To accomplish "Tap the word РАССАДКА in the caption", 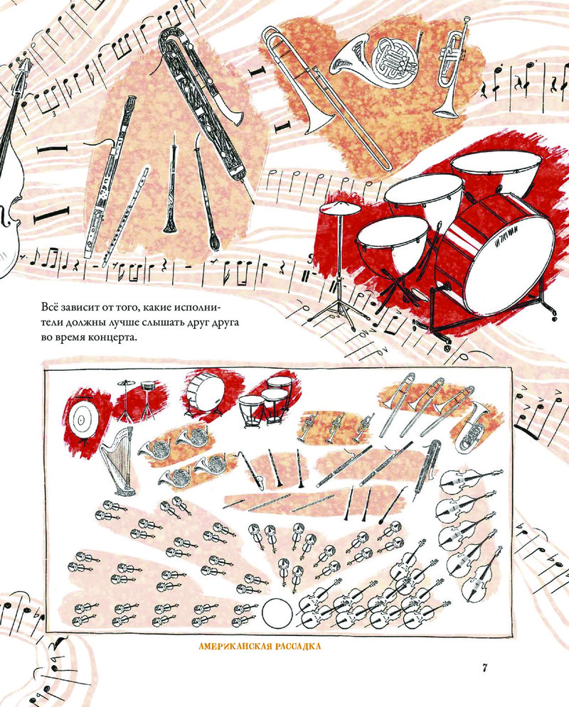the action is pos(297,647).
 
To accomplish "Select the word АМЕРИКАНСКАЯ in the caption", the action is pos(235,647).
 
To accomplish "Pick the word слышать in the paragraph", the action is pos(162,323).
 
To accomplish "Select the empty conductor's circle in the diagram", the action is pos(277,614).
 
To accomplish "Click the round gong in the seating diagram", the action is pos(81,420).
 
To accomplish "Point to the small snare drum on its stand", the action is pos(147,387).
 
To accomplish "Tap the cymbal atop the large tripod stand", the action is pos(339,209).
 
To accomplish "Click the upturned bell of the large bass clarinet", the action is pos(234,115).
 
